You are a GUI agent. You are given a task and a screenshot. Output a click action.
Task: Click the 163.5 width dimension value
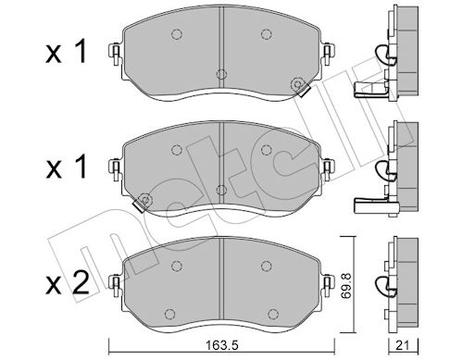click(222, 345)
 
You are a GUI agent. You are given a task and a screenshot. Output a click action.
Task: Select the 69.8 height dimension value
click(348, 285)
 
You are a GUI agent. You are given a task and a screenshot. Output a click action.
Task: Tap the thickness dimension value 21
click(403, 345)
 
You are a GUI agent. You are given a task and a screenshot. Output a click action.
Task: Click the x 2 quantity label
click(68, 282)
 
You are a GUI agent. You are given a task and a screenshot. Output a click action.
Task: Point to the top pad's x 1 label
click(66, 53)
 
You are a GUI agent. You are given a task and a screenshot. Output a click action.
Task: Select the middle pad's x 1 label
click(66, 167)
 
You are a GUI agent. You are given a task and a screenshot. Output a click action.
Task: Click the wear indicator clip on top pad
click(301, 87)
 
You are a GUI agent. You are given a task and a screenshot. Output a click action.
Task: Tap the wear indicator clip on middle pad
click(142, 203)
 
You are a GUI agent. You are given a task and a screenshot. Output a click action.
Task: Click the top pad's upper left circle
click(176, 34)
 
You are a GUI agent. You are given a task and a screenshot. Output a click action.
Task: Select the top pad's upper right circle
click(266, 34)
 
